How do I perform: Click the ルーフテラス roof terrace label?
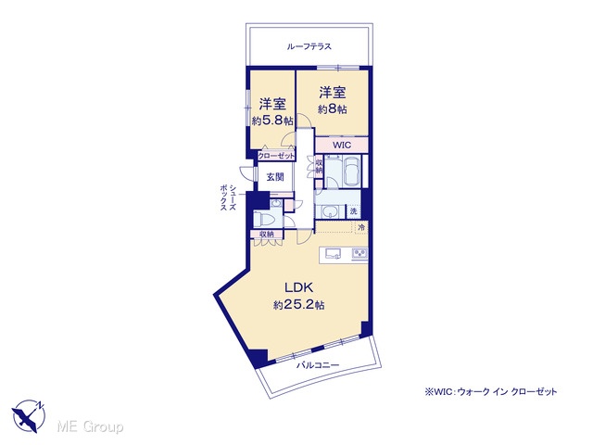309,46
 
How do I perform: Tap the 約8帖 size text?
333,109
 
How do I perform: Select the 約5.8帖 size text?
272,121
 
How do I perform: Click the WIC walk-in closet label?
342,145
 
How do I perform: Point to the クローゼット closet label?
276,156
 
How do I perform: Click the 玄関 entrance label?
275,177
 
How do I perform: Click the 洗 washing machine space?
353,211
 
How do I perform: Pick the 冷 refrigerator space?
361,228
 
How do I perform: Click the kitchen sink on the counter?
332,253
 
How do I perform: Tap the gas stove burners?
360,253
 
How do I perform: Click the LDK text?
298,287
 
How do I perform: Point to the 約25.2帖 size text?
298,305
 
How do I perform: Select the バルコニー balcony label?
318,365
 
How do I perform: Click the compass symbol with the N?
29,415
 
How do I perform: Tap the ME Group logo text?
90,426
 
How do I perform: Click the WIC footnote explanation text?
491,392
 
